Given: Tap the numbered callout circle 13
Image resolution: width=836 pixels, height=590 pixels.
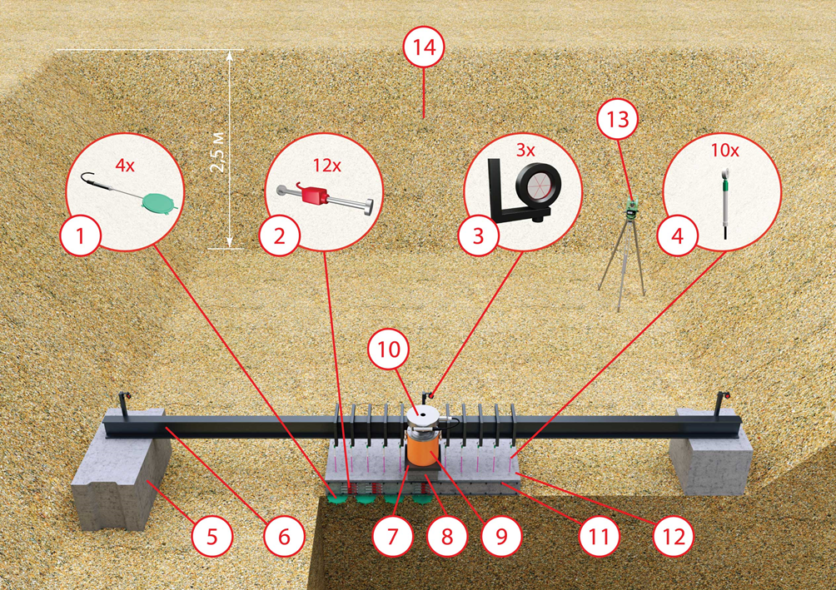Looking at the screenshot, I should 617,120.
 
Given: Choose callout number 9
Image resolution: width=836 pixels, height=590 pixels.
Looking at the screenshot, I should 500,537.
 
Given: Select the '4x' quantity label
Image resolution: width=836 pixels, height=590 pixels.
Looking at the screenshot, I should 124,166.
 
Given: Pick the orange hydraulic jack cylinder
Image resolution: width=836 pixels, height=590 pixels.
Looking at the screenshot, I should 424,450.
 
